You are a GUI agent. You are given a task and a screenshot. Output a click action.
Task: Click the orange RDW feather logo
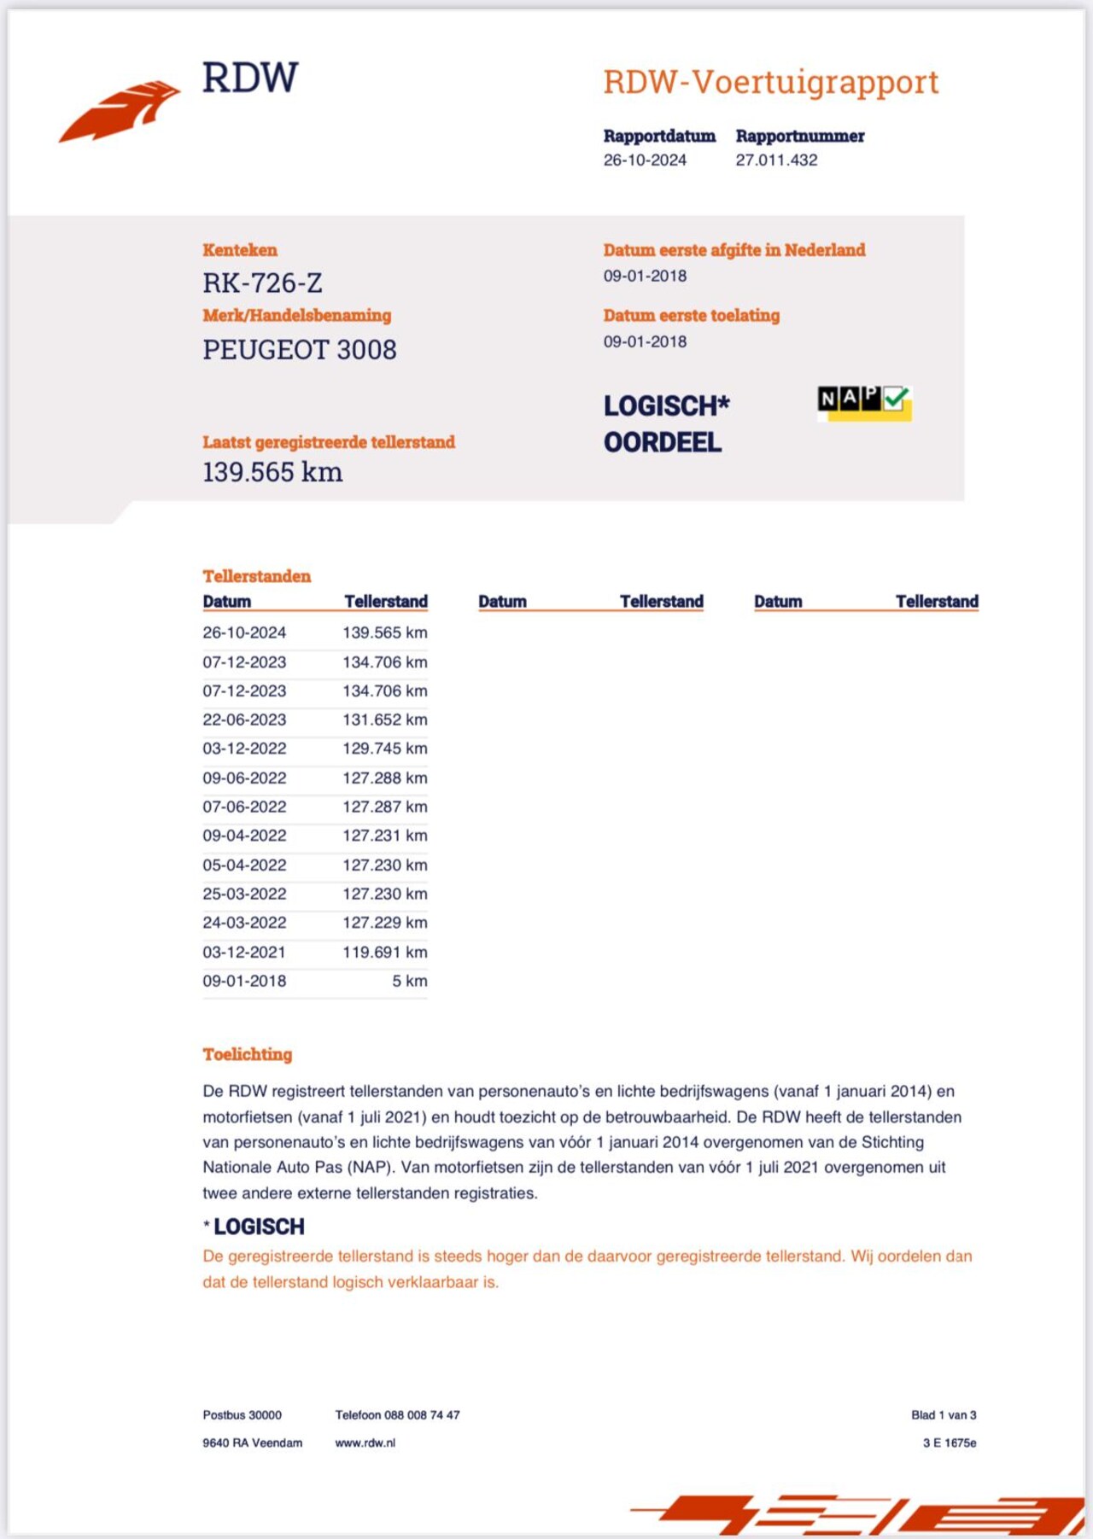(x=120, y=111)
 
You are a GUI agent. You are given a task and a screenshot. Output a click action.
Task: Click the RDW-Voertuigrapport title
(x=770, y=82)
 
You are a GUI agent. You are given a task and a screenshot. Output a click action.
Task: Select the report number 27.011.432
(x=776, y=160)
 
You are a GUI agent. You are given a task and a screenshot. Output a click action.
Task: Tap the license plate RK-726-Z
(x=262, y=283)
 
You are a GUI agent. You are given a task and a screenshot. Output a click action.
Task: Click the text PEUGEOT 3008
(x=299, y=349)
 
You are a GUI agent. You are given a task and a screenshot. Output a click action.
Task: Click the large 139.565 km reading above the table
(x=272, y=472)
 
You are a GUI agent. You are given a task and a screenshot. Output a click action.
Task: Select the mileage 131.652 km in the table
(x=384, y=720)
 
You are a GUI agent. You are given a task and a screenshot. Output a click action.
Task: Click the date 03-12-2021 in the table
(x=244, y=952)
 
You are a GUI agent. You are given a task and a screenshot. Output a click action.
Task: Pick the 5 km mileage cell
(x=409, y=981)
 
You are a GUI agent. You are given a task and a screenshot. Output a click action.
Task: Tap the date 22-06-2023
(x=244, y=720)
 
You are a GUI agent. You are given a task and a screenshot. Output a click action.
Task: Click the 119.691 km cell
(x=384, y=952)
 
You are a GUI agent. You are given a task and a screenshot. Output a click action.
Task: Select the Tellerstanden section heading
(x=256, y=576)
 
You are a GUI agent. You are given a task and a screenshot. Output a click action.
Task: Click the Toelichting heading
(x=247, y=1054)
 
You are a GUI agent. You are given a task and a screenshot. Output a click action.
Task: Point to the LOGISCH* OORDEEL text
(x=665, y=423)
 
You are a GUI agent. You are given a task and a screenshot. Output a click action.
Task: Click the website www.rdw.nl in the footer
(x=365, y=1443)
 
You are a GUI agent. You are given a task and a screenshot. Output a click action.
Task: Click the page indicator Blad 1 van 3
(x=943, y=1414)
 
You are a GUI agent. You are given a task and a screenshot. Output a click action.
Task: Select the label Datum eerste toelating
(x=691, y=315)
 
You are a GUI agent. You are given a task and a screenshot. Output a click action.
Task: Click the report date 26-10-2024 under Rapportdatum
(x=645, y=160)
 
